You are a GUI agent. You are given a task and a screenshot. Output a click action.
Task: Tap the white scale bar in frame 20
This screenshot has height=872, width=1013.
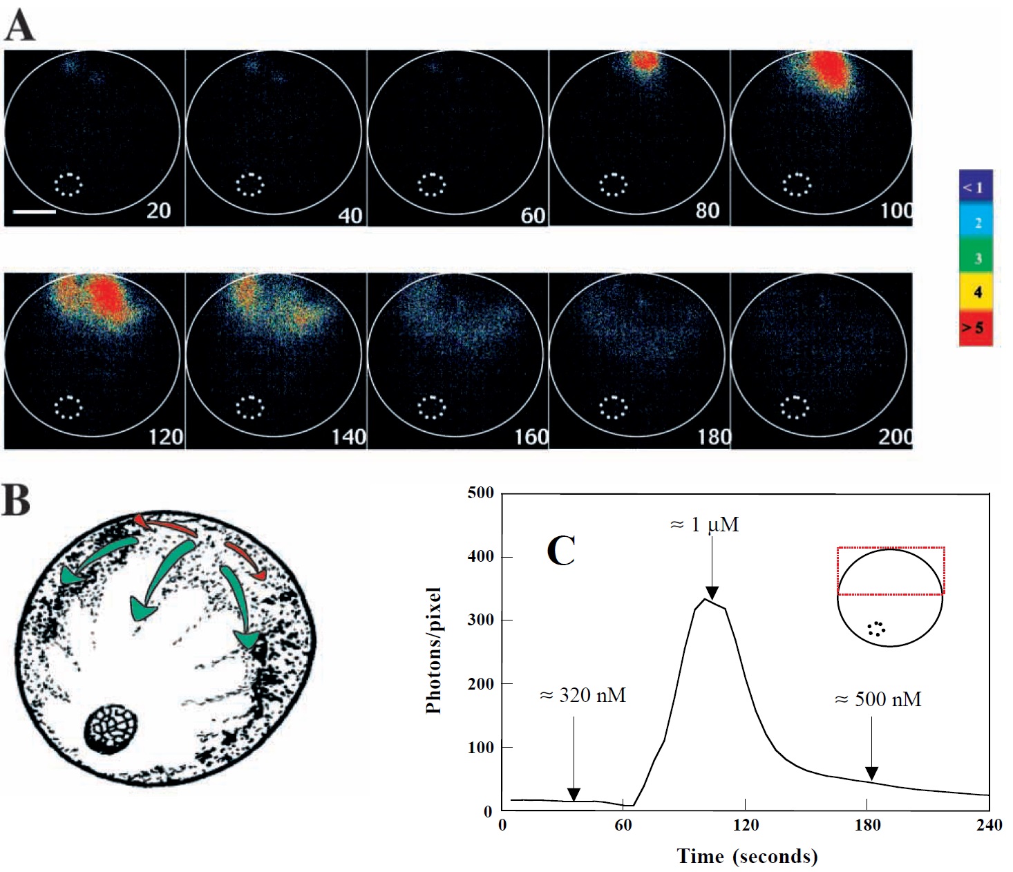click(x=35, y=211)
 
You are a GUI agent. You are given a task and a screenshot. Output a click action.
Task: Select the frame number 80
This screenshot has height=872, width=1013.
click(x=707, y=210)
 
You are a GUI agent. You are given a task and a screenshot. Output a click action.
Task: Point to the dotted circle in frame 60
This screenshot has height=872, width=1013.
click(x=432, y=184)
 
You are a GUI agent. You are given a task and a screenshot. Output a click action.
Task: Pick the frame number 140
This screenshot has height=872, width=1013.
click(x=348, y=437)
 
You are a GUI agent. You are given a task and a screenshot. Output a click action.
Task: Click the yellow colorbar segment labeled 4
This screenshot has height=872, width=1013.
click(x=976, y=292)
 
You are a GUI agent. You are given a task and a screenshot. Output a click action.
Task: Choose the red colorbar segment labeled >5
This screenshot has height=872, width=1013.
click(x=976, y=328)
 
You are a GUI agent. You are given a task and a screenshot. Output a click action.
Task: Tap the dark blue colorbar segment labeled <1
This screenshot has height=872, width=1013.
click(x=976, y=187)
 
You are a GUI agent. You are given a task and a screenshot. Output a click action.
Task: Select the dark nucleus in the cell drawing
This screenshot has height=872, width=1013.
click(x=111, y=730)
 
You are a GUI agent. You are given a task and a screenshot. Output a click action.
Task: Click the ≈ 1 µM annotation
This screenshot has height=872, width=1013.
click(x=705, y=525)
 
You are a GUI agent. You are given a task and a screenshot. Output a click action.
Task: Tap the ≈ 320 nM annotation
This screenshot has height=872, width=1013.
click(x=583, y=695)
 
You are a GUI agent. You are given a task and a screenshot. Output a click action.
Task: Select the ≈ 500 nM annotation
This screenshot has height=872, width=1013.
click(x=878, y=699)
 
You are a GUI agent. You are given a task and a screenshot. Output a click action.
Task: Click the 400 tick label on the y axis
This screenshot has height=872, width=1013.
click(x=480, y=556)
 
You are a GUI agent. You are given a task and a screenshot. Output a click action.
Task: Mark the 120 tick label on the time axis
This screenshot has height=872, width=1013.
click(x=746, y=825)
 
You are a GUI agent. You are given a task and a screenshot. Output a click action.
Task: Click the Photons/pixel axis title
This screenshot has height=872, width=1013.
click(x=434, y=650)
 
